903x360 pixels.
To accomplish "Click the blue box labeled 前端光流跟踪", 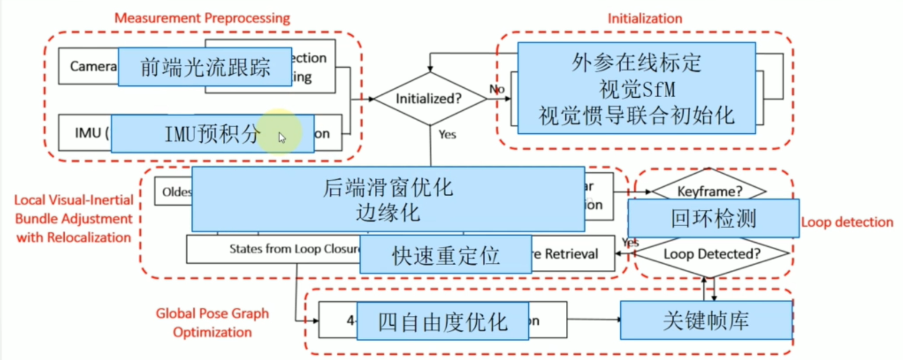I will [x=205, y=67].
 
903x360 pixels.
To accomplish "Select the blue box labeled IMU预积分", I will [x=212, y=134].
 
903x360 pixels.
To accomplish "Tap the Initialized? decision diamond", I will [x=431, y=99].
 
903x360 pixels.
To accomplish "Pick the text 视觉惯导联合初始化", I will [x=637, y=115].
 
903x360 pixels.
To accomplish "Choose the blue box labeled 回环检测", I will [x=713, y=219].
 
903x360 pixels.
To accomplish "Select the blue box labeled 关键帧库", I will [x=706, y=321].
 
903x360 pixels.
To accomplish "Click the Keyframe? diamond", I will [x=708, y=191].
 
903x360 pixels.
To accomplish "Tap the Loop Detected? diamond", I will [x=712, y=255].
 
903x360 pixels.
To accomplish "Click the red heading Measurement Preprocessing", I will [x=202, y=18].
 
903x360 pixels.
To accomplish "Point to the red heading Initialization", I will [x=645, y=18].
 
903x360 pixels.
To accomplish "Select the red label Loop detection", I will [x=847, y=222].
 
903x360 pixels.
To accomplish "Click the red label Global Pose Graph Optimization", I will [x=212, y=323].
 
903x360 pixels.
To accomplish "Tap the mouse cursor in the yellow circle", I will [x=282, y=137].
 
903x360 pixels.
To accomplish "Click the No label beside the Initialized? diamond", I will [x=496, y=88].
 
